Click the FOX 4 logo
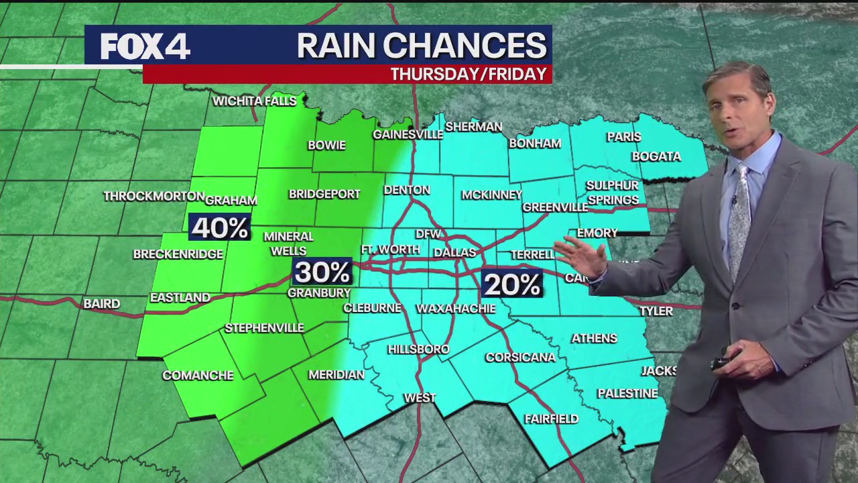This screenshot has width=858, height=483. pyautogui.click(x=145, y=46)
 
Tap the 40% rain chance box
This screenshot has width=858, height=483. pyautogui.click(x=219, y=228)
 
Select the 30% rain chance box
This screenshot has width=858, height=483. pyautogui.click(x=322, y=272)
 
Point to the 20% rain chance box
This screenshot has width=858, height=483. pyautogui.click(x=511, y=284)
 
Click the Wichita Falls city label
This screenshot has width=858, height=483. pyautogui.click(x=254, y=101)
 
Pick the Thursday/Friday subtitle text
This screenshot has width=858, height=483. pyautogui.click(x=469, y=74)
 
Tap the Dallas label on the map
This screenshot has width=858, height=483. pyautogui.click(x=454, y=253)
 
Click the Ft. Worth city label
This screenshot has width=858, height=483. pyautogui.click(x=390, y=250)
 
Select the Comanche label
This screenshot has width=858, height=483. pyautogui.click(x=198, y=375)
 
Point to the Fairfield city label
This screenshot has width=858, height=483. pyautogui.click(x=551, y=419)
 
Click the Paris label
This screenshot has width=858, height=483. pyautogui.click(x=624, y=137)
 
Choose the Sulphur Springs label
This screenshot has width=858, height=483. pyautogui.click(x=612, y=193)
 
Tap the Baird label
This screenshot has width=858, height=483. pyautogui.click(x=102, y=304)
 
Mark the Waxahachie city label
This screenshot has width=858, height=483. pyautogui.click(x=456, y=309)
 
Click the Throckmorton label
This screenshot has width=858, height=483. pyautogui.click(x=154, y=196)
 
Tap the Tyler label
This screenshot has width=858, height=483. pyautogui.click(x=656, y=311)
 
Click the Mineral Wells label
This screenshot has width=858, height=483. pyautogui.click(x=288, y=244)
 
